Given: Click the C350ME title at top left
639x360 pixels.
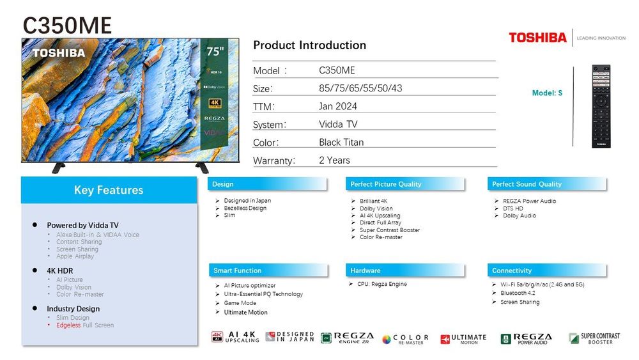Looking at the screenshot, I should [67, 25].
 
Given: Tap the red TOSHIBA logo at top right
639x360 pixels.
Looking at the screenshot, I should [537, 38].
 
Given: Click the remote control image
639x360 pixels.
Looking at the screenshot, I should [601, 106].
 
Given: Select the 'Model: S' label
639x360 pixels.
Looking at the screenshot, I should [547, 93].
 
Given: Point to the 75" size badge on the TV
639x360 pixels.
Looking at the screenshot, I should [213, 52].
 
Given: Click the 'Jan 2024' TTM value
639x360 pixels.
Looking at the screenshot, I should [338, 106].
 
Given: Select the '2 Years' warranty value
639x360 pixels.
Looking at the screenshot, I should [334, 160].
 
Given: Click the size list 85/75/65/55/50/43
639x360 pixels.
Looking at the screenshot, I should [360, 88].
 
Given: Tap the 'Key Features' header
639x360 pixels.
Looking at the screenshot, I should [109, 190].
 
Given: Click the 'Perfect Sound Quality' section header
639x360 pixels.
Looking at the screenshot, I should [527, 184].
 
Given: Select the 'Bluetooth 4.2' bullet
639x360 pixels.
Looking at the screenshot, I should [518, 293].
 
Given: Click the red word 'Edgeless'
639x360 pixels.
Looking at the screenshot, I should [68, 325].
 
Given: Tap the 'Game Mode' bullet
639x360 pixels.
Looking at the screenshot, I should [240, 303].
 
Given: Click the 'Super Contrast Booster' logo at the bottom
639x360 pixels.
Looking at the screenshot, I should [594, 338].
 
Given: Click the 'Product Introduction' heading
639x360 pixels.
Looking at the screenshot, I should [309, 45].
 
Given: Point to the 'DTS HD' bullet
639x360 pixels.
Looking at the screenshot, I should [512, 208].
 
